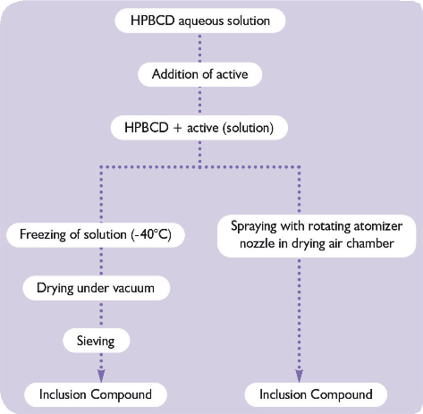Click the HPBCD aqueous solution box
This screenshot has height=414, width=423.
coord(200,21)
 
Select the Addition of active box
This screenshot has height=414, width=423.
coord(199,74)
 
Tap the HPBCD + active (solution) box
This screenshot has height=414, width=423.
coord(199,128)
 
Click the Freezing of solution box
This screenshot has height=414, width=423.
coord(96,234)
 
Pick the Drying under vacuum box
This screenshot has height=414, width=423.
coord(97,288)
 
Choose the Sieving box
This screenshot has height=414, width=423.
coord(97,341)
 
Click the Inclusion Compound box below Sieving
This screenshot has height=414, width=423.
coord(96,394)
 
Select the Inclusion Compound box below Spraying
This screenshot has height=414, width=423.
coord(316,394)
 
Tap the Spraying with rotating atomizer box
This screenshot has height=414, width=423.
coord(317,235)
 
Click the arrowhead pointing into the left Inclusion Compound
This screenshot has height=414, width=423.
coord(101,376)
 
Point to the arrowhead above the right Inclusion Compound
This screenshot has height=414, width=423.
coord(300,376)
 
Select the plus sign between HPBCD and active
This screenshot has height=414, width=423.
coord(178,128)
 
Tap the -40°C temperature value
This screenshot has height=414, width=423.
coord(151,234)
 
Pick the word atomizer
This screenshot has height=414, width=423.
coord(378,226)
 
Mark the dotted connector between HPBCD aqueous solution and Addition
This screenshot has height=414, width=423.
coord(199,47)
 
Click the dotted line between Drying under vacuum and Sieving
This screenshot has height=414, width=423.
coord(101,315)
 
